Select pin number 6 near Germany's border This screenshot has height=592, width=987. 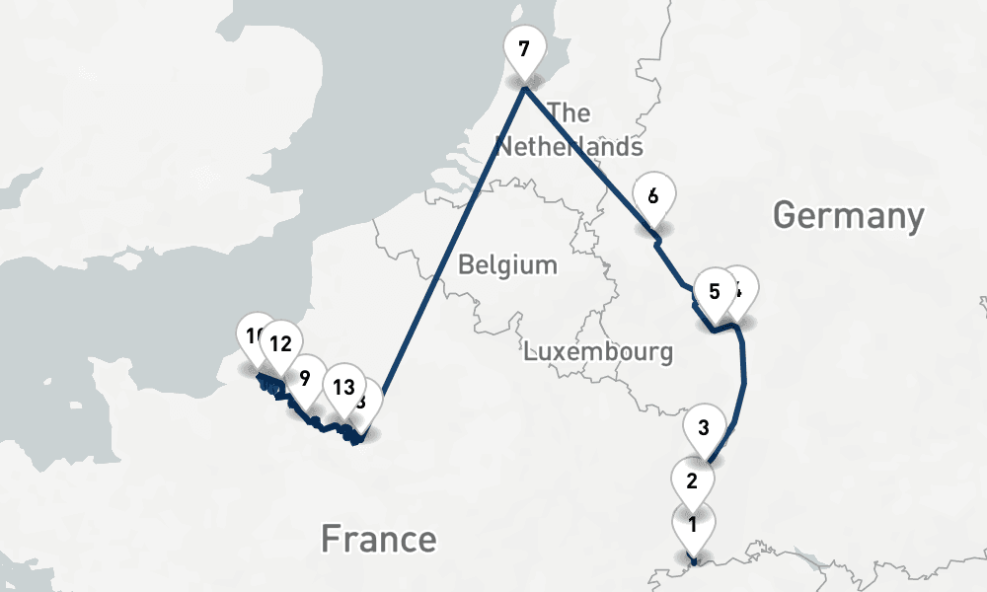tap(652, 195)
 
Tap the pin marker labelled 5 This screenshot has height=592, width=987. tap(714, 292)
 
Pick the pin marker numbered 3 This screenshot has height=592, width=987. tap(704, 428)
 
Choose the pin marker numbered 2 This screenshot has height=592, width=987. tap(692, 482)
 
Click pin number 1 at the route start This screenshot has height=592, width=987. tap(693, 525)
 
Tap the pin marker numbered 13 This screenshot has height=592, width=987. tap(343, 387)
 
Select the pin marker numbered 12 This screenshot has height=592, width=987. tap(280, 344)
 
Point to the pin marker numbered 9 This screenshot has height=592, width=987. tap(305, 378)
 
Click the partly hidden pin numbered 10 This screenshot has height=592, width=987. tap(253, 334)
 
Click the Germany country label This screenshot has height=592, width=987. tap(848, 214)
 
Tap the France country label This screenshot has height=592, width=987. tap(378, 540)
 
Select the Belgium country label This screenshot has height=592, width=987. tap(507, 265)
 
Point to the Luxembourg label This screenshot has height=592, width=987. tap(598, 351)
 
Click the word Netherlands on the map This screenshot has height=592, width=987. tap(569, 147)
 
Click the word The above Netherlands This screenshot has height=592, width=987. tap(569, 111)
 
